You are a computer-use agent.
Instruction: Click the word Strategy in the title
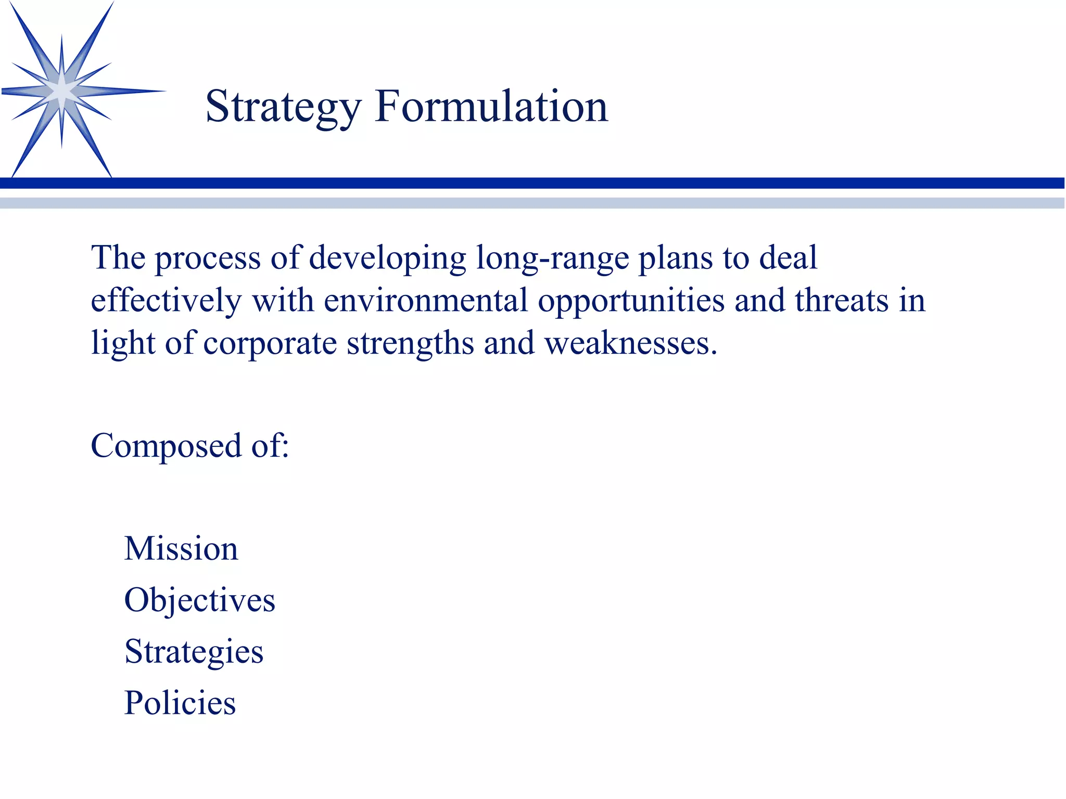tap(283, 108)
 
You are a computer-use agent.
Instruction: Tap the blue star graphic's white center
tap(62, 92)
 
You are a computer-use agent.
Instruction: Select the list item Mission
tap(181, 549)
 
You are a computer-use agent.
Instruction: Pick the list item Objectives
tap(199, 600)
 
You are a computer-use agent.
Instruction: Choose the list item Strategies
tap(194, 652)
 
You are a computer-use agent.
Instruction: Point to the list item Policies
tap(180, 703)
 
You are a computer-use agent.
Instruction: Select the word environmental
tap(426, 301)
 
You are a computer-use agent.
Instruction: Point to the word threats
tap(842, 301)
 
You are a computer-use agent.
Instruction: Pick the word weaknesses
tap(630, 343)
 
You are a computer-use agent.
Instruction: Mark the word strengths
tap(410, 344)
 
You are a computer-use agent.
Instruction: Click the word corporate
tap(270, 344)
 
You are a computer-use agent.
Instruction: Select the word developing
tap(388, 259)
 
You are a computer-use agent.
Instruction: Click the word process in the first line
tap(208, 259)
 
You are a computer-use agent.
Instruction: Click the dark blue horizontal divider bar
tap(533, 183)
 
